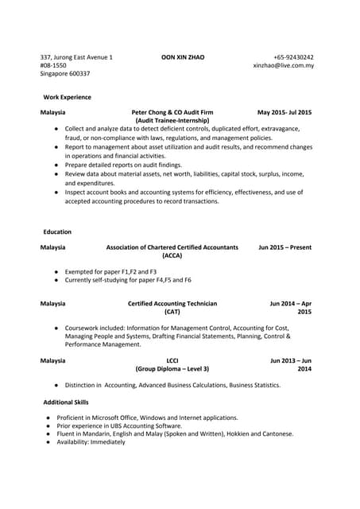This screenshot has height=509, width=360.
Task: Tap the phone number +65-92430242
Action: pyautogui.click(x=293, y=57)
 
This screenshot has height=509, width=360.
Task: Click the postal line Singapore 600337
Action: pyautogui.click(x=65, y=73)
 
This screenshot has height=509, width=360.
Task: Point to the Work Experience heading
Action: pyautogui.click(x=67, y=97)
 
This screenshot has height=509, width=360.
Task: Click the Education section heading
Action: pyautogui.click(x=57, y=231)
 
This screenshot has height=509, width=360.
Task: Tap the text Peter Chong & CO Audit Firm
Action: pyautogui.click(x=172, y=112)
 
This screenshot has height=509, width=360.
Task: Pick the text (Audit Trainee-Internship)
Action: pyautogui.click(x=172, y=120)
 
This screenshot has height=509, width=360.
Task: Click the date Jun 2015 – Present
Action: pyautogui.click(x=285, y=247)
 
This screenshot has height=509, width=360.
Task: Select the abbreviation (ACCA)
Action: pyautogui.click(x=172, y=256)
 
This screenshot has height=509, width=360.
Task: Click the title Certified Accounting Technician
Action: pyautogui.click(x=172, y=303)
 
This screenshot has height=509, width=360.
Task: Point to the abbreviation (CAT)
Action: pyautogui.click(x=172, y=312)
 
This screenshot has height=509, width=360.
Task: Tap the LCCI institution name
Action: pyautogui.click(x=172, y=360)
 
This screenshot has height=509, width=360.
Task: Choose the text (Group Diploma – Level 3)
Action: pyautogui.click(x=172, y=369)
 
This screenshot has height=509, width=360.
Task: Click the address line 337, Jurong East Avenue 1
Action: pyautogui.click(x=76, y=57)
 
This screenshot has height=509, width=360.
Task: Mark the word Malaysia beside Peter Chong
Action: pyautogui.click(x=52, y=112)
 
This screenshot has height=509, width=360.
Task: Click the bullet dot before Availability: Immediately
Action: pyautogui.click(x=48, y=441)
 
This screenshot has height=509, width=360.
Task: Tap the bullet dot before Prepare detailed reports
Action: pyautogui.click(x=56, y=165)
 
